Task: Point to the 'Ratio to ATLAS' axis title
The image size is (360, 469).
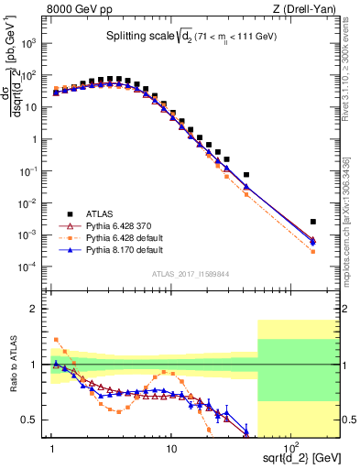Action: pyautogui.click(x=12, y=365)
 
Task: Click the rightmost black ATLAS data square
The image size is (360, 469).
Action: pyautogui.click(x=313, y=222)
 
